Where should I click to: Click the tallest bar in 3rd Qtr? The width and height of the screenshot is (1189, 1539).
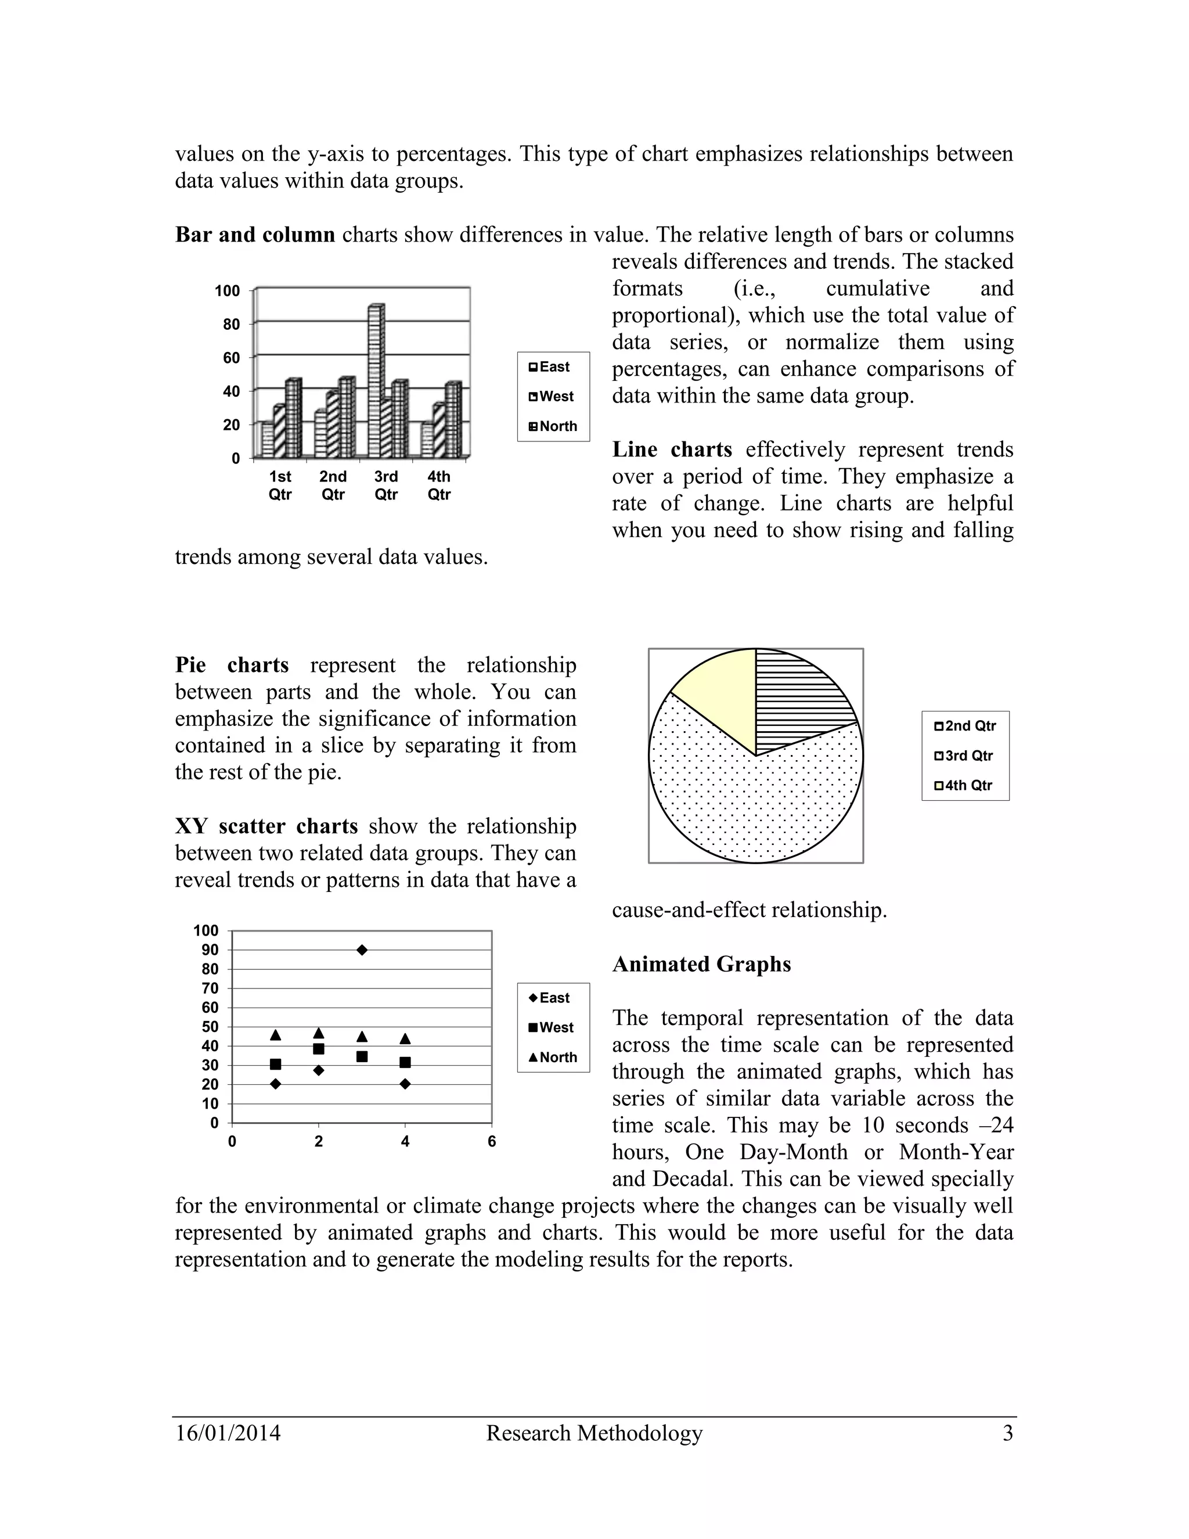click(376, 380)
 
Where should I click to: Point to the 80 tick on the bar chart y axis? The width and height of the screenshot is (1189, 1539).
click(232, 324)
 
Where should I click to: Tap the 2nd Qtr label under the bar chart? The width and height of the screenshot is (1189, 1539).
click(333, 485)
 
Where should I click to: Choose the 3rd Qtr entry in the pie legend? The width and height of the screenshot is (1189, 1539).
click(965, 756)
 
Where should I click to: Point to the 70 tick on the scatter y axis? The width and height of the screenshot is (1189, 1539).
click(210, 988)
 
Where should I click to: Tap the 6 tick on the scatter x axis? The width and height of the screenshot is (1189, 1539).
click(492, 1142)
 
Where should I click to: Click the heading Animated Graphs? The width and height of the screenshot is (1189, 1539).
click(701, 964)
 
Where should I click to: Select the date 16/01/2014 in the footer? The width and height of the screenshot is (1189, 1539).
click(228, 1433)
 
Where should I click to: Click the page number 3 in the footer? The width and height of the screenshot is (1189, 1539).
click(1007, 1433)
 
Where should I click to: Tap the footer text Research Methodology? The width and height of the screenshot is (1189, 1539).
click(594, 1433)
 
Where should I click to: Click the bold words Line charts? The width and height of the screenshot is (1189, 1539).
click(671, 450)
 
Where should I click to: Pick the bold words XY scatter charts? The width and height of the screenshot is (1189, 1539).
click(266, 826)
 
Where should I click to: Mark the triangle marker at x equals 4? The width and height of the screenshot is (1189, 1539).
click(405, 1039)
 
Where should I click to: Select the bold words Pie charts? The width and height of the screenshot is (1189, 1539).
click(232, 664)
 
